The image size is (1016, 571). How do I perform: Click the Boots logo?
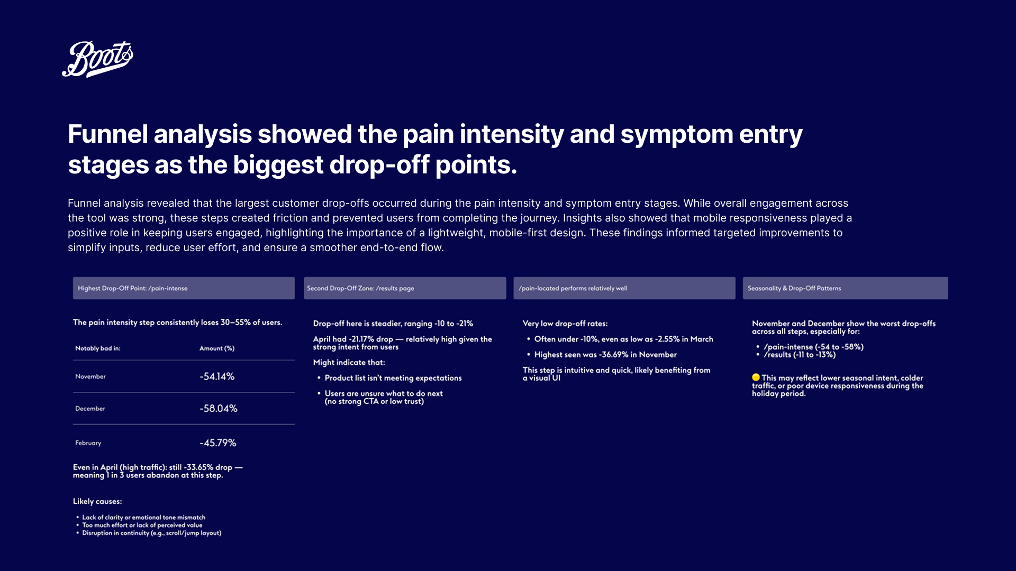point(97,59)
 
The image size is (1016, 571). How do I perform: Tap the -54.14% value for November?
point(217,376)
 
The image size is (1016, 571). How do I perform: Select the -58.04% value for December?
point(219,409)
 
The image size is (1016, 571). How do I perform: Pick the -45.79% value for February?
point(218,443)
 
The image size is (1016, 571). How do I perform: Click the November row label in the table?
point(90,376)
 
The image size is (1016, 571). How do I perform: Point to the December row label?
point(90,409)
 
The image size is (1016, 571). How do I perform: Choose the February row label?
point(88,443)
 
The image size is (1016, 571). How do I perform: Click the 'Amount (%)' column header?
point(217,348)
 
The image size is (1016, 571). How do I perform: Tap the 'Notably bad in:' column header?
point(98,348)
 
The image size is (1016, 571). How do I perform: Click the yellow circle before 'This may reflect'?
point(756,377)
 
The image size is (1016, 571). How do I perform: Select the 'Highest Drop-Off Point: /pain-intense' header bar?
point(184,288)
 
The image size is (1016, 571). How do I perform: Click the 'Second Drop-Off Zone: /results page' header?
point(405,288)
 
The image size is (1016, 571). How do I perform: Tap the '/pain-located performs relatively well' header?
point(624,288)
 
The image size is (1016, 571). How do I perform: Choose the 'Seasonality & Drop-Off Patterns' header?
point(845,288)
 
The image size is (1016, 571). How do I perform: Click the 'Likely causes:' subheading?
point(97,501)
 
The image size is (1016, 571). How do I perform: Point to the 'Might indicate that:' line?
point(349,363)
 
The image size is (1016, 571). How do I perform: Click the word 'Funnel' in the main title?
point(107,134)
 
